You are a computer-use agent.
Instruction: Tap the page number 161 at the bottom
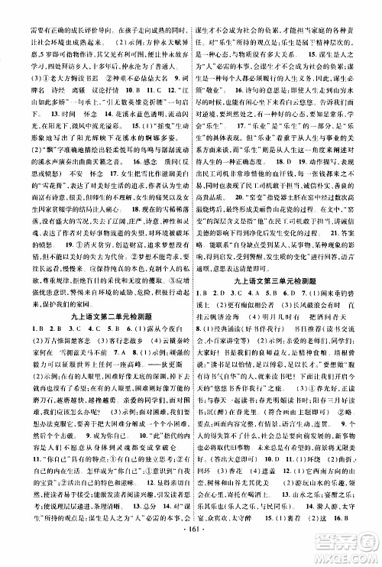click(x=190, y=552)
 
